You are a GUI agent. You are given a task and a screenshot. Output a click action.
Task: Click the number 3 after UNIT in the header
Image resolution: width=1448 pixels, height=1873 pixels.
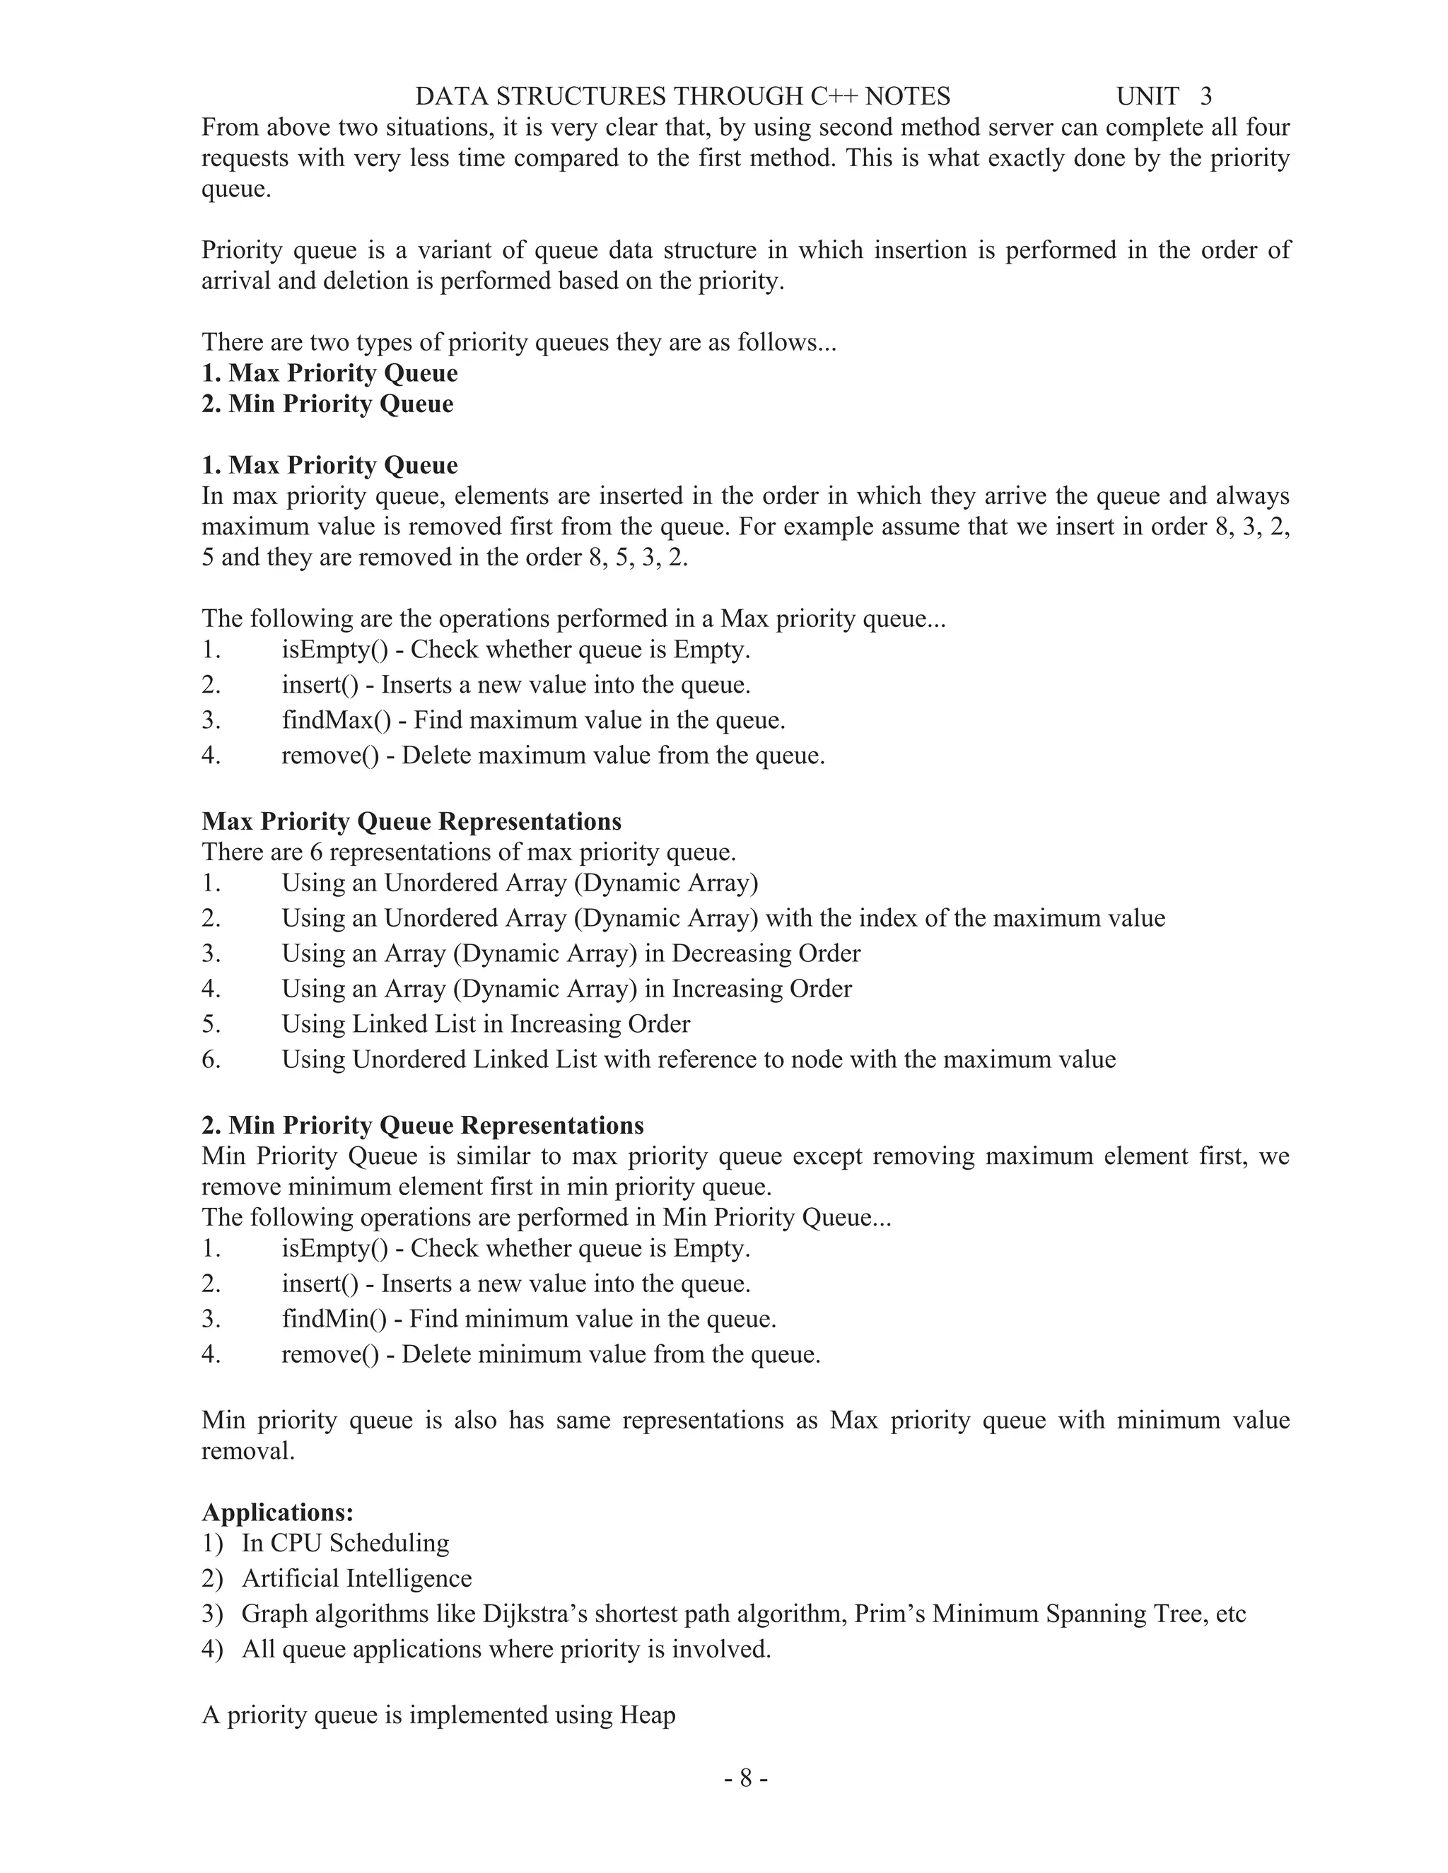point(1206,96)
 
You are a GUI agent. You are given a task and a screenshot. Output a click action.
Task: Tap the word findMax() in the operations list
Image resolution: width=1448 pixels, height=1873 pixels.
point(335,720)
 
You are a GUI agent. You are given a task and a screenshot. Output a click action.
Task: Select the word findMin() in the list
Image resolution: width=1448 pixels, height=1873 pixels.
point(334,1319)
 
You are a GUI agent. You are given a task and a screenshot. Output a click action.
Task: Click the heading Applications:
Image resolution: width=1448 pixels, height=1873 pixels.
point(277,1512)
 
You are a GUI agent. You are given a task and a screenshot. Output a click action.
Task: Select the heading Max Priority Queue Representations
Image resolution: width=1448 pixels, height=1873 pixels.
point(411,821)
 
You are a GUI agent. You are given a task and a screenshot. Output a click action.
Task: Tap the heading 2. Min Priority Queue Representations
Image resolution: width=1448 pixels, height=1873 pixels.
point(422,1125)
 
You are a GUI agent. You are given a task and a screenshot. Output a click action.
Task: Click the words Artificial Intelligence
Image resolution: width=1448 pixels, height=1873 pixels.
point(357,1579)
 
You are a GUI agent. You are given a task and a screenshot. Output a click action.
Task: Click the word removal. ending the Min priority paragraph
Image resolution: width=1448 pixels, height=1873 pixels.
point(248,1451)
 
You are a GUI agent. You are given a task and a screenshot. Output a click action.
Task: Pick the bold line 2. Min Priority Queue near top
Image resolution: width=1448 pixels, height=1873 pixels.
point(327,404)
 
